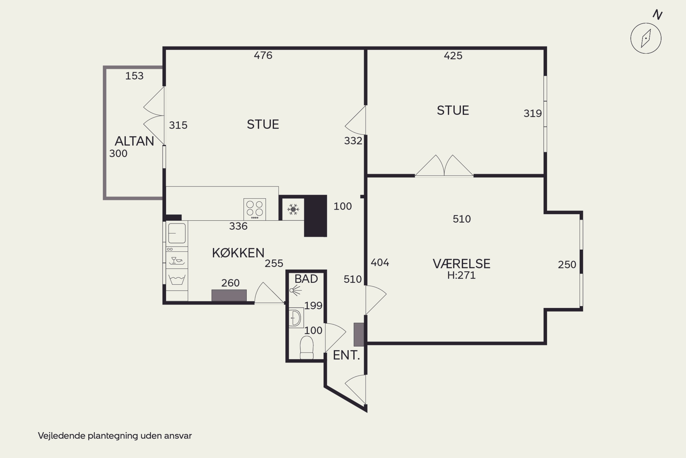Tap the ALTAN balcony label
click(x=134, y=141)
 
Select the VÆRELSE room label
click(x=461, y=264)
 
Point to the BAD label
click(x=306, y=279)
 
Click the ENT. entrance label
click(x=346, y=355)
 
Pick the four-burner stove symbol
click(x=255, y=209)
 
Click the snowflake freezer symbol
click(x=293, y=210)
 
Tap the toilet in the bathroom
click(x=307, y=347)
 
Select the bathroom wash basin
click(x=296, y=318)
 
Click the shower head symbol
click(x=295, y=291)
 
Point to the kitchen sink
click(x=177, y=233)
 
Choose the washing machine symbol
click(x=177, y=280)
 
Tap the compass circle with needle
click(x=646, y=38)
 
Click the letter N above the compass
click(x=657, y=14)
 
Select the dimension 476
click(x=263, y=55)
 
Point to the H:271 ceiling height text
click(x=461, y=275)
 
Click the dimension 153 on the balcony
click(x=134, y=76)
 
